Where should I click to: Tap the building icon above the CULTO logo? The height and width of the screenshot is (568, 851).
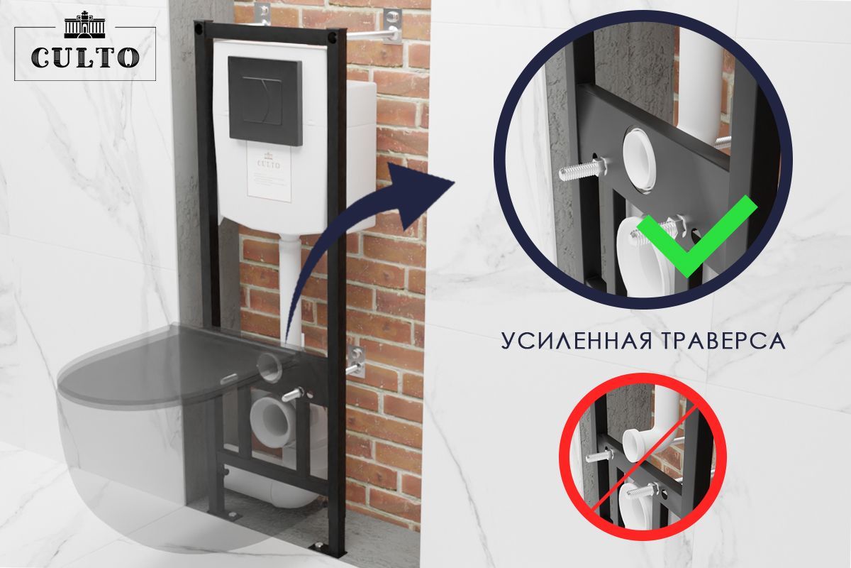pyautogui.click(x=84, y=26)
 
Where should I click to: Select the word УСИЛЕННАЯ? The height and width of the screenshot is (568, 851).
pyautogui.click(x=576, y=341)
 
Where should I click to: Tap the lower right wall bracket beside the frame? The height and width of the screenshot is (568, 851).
pyautogui.click(x=357, y=361)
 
